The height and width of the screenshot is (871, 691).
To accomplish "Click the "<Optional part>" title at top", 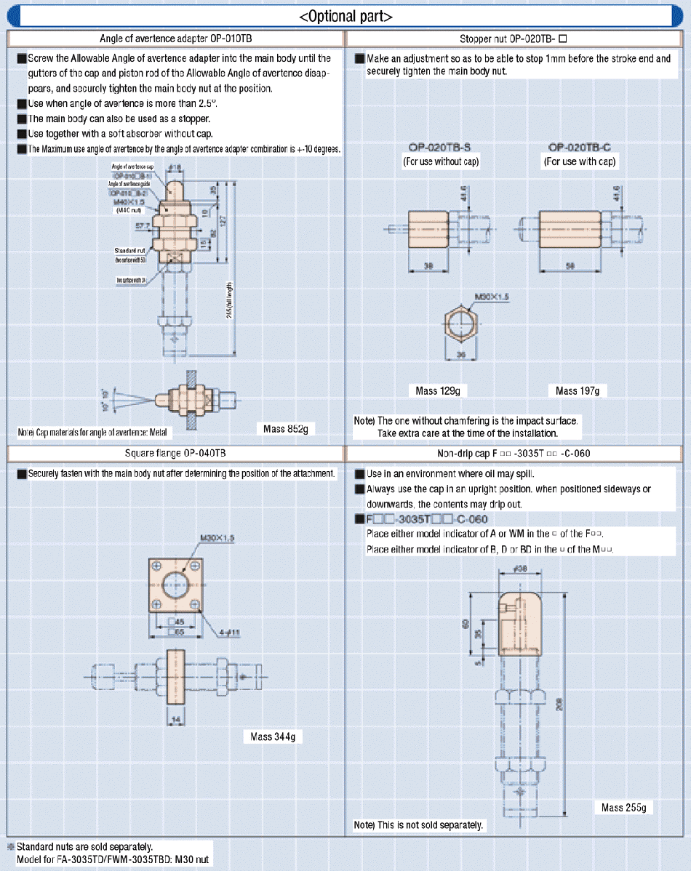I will tap(345, 16).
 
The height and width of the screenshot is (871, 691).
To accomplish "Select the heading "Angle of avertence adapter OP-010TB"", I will tap(175, 38).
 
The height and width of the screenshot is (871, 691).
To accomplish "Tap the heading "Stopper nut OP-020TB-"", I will tap(518, 38).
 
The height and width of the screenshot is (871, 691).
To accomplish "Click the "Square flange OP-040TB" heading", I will tap(175, 453).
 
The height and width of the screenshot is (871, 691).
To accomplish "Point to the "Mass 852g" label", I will tap(285, 429).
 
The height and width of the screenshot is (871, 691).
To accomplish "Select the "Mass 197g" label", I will tap(578, 391).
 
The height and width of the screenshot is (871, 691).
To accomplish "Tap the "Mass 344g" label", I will tap(273, 736).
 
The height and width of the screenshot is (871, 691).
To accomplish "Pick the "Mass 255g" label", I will tap(623, 808).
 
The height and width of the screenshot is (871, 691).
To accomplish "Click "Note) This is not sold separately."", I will tap(418, 825).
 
